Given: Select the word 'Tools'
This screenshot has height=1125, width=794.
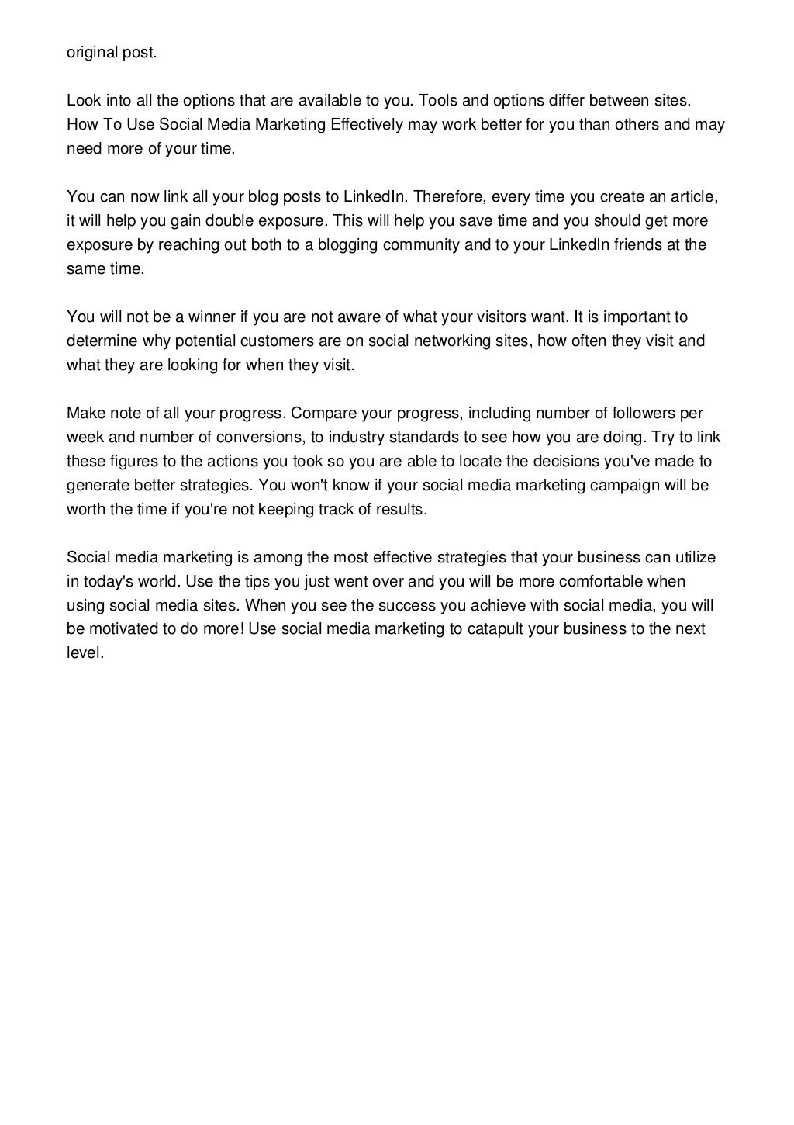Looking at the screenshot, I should tap(436, 100).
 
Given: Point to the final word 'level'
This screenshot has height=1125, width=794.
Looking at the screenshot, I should tap(83, 652).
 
